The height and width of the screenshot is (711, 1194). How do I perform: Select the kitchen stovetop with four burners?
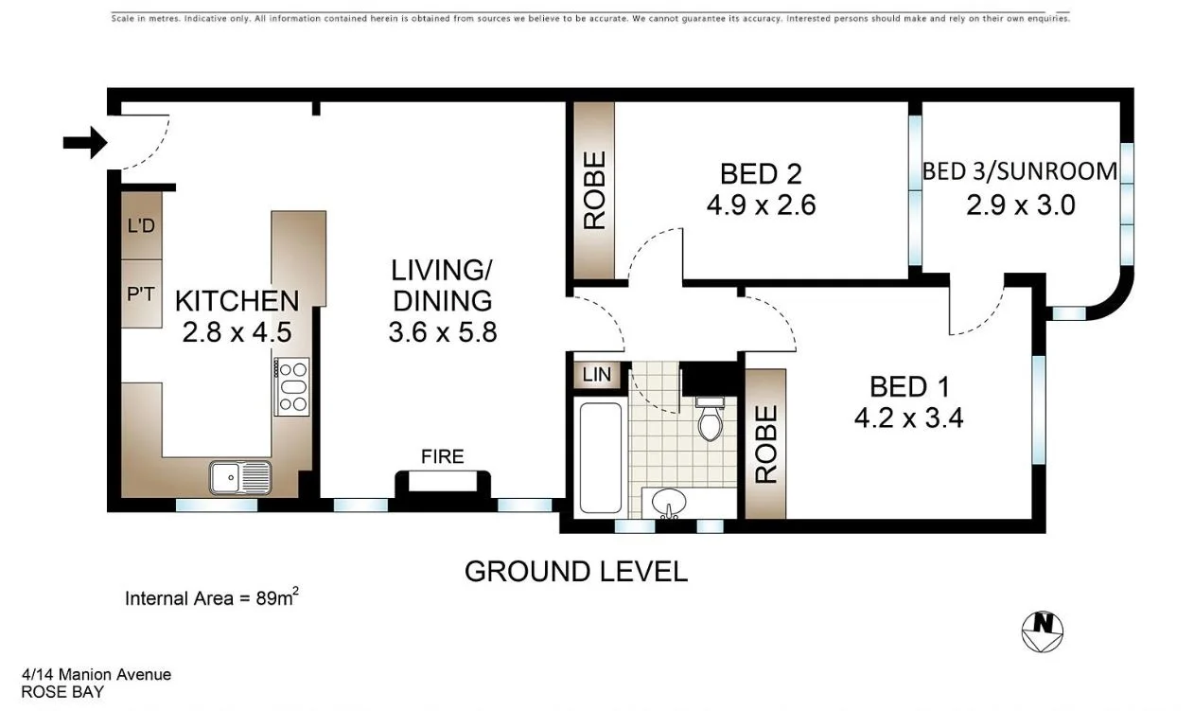(292, 386)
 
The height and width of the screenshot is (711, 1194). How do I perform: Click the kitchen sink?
(240, 477)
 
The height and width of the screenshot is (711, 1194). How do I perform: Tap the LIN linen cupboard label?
(596, 375)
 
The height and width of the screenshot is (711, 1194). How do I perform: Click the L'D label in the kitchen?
(141, 225)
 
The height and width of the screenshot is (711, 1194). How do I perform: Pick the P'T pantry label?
(141, 293)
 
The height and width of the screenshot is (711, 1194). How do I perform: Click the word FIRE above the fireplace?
(443, 457)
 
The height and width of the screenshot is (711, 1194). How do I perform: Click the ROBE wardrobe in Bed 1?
(765, 444)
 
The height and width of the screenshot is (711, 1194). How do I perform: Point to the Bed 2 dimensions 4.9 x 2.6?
(761, 204)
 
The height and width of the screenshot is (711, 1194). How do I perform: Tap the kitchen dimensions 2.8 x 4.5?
(237, 332)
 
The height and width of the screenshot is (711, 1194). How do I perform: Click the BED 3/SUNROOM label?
(1020, 171)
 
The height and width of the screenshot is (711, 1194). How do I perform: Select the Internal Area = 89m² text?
(213, 597)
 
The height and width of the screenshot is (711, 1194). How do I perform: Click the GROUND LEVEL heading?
(575, 572)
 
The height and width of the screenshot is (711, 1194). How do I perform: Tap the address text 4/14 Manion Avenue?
(97, 675)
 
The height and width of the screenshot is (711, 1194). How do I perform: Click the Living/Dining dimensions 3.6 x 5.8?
(442, 332)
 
